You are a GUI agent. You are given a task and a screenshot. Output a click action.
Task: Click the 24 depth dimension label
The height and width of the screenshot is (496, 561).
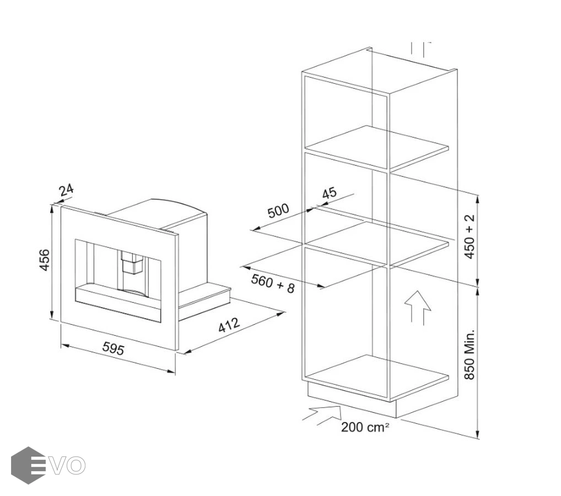pos(67,190)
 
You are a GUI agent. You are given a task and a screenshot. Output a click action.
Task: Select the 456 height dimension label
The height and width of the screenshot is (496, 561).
pos(45,260)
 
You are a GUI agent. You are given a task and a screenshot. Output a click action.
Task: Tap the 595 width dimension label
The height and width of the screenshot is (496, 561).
pos(113,348)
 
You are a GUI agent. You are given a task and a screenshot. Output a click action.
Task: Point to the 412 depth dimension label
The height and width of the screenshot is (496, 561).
pos(229,325)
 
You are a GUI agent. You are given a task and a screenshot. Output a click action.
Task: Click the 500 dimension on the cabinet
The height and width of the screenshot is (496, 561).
pos(278,211)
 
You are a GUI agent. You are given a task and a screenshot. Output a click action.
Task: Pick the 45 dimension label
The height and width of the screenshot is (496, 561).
pos(329,193)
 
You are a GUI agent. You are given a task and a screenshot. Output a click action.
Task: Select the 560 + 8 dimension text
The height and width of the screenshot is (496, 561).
pos(273,283)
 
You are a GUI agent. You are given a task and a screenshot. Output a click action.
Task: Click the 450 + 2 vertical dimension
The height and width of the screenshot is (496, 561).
pos(469,236)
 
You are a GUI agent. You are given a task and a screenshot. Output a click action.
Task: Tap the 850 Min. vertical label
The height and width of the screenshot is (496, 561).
pos(469,354)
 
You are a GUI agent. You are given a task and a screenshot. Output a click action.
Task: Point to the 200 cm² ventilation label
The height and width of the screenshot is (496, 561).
pos(365,427)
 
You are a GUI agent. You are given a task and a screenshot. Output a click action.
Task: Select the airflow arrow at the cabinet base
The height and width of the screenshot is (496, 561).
pos(322,415)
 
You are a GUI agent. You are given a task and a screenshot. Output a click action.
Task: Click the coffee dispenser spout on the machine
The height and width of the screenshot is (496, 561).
pos(131,263)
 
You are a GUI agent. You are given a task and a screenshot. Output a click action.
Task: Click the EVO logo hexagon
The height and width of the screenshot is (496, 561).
pos(28,465)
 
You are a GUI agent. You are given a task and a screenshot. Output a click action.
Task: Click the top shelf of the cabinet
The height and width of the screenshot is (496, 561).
pos(377,147)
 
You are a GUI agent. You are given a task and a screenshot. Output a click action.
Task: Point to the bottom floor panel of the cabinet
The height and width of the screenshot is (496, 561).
pos(377,376)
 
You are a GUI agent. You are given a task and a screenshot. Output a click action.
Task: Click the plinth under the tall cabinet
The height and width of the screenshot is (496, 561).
pos(352,400)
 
